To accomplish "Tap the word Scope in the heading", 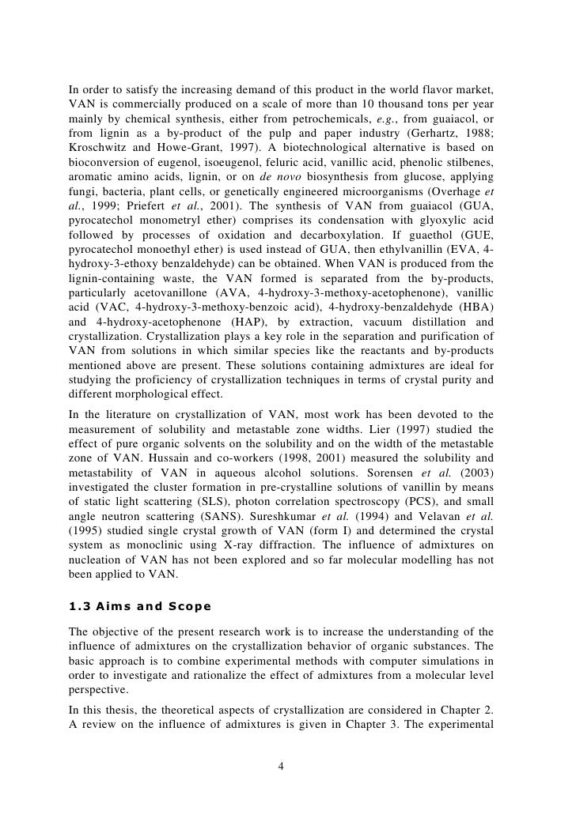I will (x=186, y=606).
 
